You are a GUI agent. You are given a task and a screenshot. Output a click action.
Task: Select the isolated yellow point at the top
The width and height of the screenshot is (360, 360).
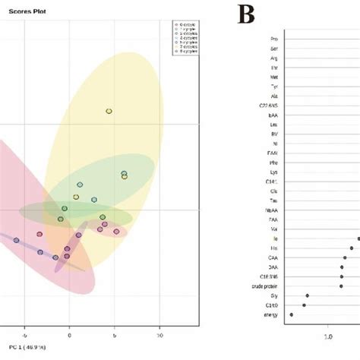tap(109, 111)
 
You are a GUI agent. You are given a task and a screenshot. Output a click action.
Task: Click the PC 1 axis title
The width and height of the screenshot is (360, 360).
tap(23, 347)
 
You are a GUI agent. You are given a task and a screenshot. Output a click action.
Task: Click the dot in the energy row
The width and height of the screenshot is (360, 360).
tap(291, 314)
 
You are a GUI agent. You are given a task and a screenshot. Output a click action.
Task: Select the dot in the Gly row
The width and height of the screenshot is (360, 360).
tap(308, 295)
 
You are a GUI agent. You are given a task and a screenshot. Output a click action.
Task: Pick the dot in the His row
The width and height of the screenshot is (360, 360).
tap(352, 248)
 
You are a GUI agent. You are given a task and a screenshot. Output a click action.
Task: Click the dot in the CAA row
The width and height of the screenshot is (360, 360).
tap(344, 257)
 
